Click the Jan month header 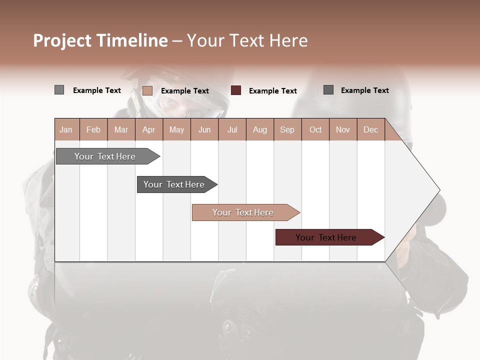[x=66, y=129]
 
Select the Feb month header [x=93, y=129]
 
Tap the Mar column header [x=121, y=129]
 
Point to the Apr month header [x=149, y=129]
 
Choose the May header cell [x=176, y=129]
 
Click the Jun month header [x=204, y=129]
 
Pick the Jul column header [x=232, y=129]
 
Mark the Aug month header [x=260, y=129]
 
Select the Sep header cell [x=287, y=129]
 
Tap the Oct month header [x=315, y=129]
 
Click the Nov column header [x=343, y=129]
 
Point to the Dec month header [x=371, y=129]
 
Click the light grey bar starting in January [x=105, y=156]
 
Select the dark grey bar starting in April [x=174, y=184]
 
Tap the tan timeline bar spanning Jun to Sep [x=243, y=212]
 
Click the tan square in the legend [x=147, y=90]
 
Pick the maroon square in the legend [x=236, y=90]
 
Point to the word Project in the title [x=62, y=40]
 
